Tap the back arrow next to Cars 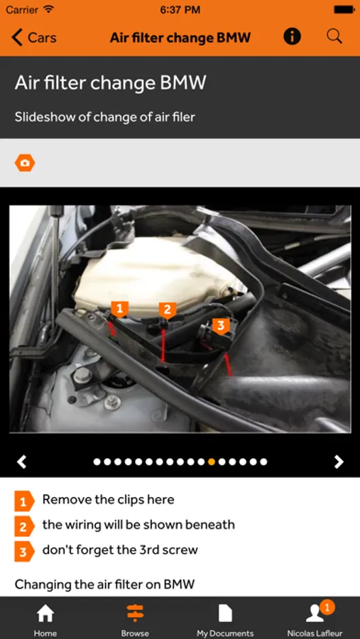click(x=17, y=38)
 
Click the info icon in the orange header click(x=292, y=37)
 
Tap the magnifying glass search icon click(x=334, y=37)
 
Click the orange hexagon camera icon click(x=25, y=163)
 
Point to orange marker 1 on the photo click(x=119, y=310)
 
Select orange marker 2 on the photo click(x=167, y=310)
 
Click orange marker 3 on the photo click(x=221, y=326)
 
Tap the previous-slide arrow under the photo click(x=21, y=461)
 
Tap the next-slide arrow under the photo click(x=339, y=461)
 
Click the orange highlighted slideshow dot click(x=211, y=461)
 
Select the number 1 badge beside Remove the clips click(x=23, y=501)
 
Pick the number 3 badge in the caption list click(x=23, y=552)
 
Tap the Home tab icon click(x=45, y=613)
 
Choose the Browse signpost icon click(x=135, y=613)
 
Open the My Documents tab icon click(x=225, y=613)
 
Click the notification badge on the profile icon click(x=327, y=608)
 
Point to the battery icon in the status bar click(x=344, y=10)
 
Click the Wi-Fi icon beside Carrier click(x=48, y=9)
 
